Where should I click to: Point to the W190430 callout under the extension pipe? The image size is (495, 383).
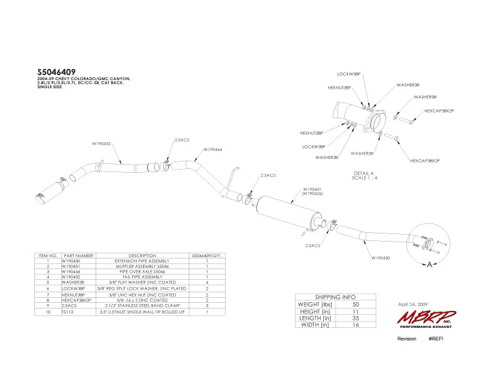click(x=381, y=257)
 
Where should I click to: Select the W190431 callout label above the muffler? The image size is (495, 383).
click(x=313, y=188)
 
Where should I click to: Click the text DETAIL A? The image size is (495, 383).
click(x=363, y=173)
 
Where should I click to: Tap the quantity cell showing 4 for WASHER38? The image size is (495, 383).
click(x=206, y=282)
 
